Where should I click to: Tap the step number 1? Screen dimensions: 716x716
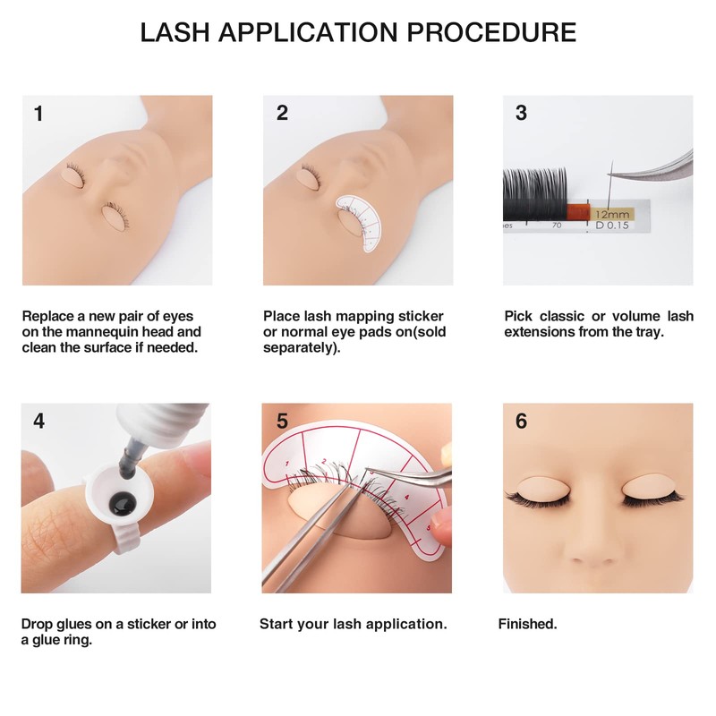[38, 114]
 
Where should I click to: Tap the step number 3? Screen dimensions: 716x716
[521, 114]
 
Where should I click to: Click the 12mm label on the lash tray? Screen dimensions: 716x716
[613, 215]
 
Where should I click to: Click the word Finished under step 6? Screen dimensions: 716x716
[527, 624]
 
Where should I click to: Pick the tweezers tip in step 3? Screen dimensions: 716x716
[610, 175]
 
